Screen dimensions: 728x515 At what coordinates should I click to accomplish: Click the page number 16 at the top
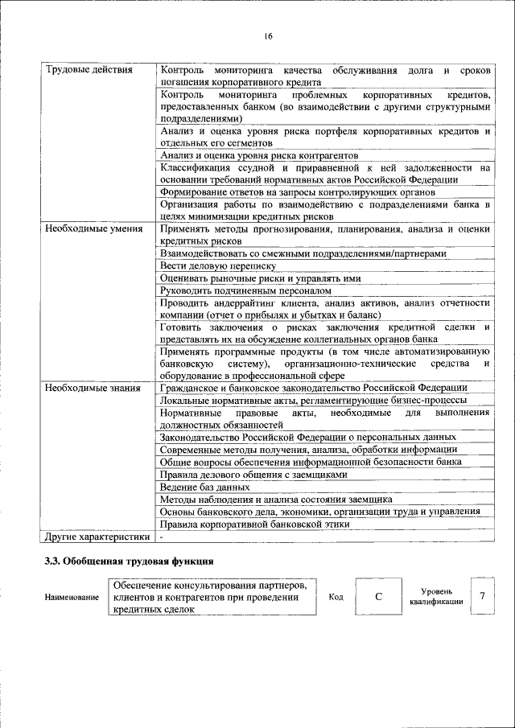(268, 35)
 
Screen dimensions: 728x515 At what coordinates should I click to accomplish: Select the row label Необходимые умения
(94, 229)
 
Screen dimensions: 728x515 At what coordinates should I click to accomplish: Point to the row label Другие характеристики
(97, 537)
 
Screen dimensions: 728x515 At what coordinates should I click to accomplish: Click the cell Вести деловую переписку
(218, 265)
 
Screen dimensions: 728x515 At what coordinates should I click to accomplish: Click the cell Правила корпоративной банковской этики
(254, 524)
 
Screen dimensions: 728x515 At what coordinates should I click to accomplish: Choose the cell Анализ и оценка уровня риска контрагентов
(259, 155)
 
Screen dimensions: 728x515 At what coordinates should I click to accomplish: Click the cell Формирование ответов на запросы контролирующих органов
(298, 192)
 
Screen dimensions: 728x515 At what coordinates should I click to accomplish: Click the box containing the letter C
(377, 597)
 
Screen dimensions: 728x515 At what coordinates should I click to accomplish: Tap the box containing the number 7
(481, 596)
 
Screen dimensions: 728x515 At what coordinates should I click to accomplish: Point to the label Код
(336, 598)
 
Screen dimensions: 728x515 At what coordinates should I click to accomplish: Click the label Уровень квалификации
(435, 596)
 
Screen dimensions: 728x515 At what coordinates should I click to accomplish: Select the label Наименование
(72, 598)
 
